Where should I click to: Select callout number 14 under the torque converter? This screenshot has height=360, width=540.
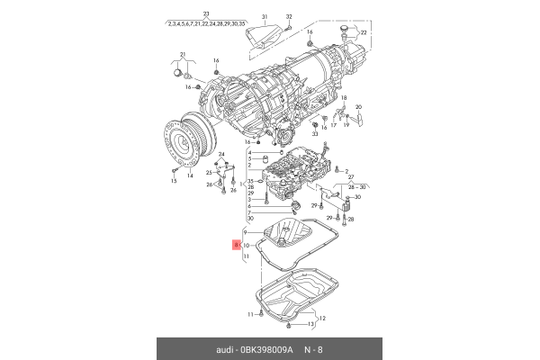(190, 177)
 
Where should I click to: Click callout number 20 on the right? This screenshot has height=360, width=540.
(357, 107)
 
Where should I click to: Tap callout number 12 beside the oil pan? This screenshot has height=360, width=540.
(322, 318)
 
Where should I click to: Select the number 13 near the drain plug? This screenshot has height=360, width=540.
(311, 324)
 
